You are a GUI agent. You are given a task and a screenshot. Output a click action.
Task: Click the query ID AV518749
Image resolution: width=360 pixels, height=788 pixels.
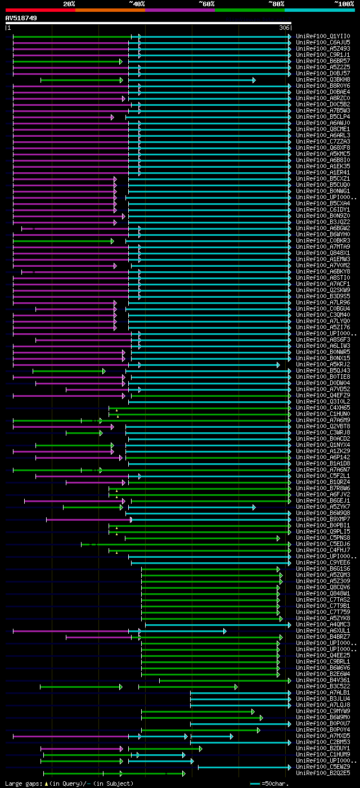pos(21,18)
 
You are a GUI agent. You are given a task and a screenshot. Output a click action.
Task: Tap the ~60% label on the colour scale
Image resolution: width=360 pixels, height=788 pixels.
pos(206,3)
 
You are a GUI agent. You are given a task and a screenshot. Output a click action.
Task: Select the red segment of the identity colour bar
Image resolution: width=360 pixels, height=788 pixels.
pos(40,10)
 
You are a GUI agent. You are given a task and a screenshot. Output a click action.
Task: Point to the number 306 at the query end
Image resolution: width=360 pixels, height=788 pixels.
pos(284,28)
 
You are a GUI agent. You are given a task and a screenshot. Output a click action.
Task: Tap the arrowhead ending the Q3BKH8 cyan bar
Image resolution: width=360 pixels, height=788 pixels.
pos(254,80)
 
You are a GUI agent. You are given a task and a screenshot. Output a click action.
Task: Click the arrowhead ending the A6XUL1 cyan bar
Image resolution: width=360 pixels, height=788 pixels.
pos(224,631)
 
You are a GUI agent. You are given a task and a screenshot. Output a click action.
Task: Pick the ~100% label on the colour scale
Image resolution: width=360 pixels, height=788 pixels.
pos(344,3)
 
